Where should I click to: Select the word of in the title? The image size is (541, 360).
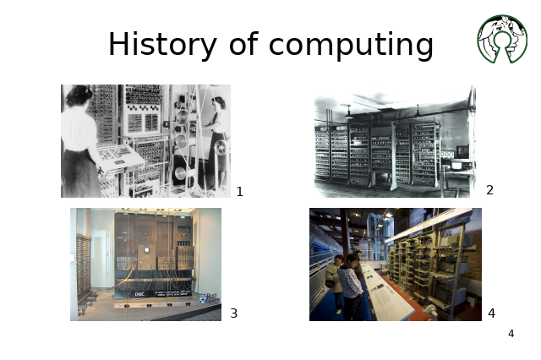243,43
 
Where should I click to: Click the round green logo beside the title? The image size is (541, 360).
502,39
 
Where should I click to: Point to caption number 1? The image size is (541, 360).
240,192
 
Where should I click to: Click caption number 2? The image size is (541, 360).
489,190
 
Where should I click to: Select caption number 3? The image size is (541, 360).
233,314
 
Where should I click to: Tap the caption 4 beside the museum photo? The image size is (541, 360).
492,314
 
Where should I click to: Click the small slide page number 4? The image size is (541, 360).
511,334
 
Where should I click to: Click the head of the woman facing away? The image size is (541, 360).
79,95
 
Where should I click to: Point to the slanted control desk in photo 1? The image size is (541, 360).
119,157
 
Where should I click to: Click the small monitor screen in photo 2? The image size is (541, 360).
462,151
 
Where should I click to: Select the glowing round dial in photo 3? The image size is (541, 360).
146,249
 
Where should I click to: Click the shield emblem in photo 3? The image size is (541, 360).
203,298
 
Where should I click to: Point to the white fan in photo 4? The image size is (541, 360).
432,309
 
